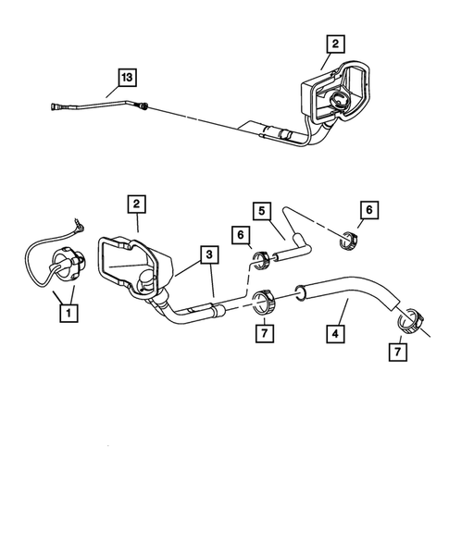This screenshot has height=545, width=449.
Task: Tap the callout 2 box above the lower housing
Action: pyautogui.click(x=137, y=203)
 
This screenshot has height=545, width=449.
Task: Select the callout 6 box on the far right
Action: pyautogui.click(x=370, y=211)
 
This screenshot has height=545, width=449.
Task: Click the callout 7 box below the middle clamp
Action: pyautogui.click(x=263, y=332)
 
